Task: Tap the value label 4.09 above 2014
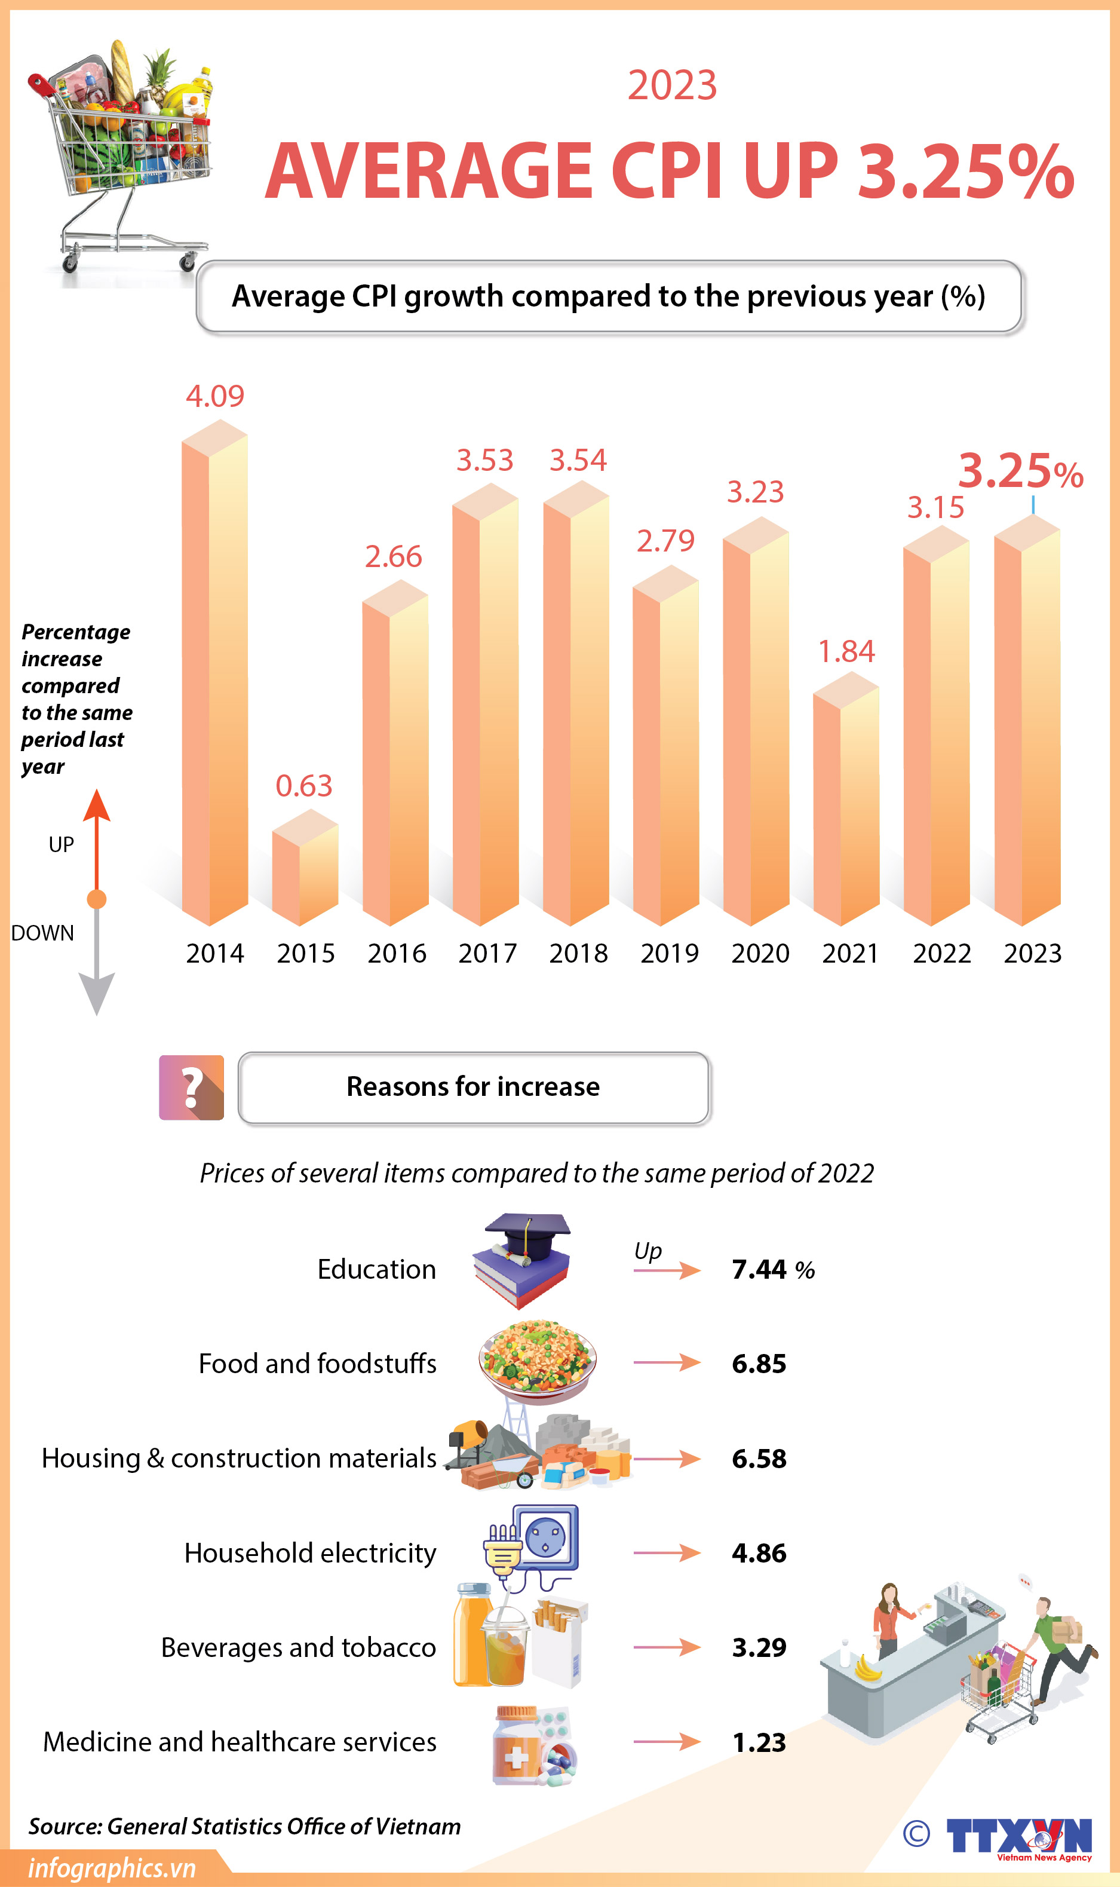(215, 396)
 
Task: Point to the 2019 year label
(670, 953)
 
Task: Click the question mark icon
(192, 1088)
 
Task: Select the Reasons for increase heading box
(473, 1088)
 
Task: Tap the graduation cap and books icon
(522, 1261)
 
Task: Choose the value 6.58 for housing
(759, 1459)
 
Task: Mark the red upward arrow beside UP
(97, 838)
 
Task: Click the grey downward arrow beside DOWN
(97, 966)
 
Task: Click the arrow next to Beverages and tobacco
(667, 1648)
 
